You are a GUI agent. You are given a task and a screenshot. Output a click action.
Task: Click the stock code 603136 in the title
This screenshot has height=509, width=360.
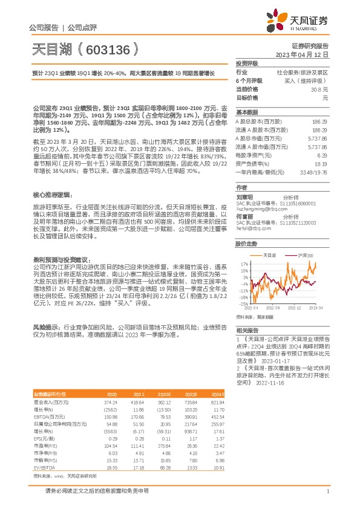tap(108, 48)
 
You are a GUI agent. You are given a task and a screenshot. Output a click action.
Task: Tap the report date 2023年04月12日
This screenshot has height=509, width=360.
tap(307, 54)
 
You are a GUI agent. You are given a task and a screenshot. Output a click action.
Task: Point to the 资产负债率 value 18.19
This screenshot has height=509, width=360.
tap(321, 163)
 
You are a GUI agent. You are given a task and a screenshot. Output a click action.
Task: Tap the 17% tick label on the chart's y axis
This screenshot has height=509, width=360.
tap(243, 264)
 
